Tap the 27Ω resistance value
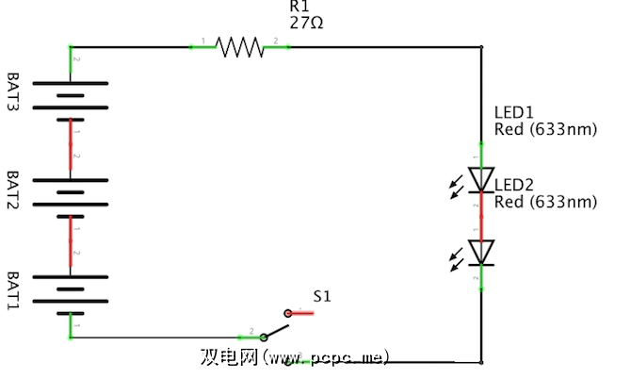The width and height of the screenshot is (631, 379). coord(306,23)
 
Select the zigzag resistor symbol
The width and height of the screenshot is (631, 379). coord(240,46)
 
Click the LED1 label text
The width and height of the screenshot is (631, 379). coord(513,112)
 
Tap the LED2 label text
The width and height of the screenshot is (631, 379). coord(516,184)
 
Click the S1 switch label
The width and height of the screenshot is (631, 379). coord(322,296)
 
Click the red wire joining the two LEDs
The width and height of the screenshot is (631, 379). coord(482,217)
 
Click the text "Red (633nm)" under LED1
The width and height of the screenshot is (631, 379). coord(545,129)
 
